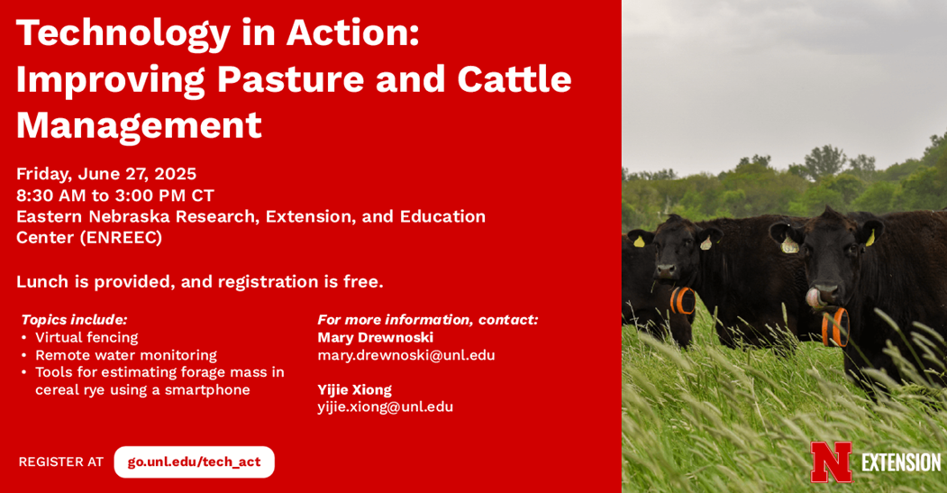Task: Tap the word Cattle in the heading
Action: click(x=514, y=79)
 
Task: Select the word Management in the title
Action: click(x=139, y=125)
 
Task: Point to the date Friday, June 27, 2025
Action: click(x=106, y=175)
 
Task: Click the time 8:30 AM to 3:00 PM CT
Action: click(x=115, y=196)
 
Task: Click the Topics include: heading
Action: click(x=74, y=320)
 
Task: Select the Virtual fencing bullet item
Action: click(x=87, y=337)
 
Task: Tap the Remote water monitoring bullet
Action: click(x=125, y=355)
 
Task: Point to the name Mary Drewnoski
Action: click(x=375, y=337)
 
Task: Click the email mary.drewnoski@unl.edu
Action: click(x=406, y=355)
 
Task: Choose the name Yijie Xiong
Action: click(x=354, y=389)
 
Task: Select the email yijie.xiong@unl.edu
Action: click(x=386, y=407)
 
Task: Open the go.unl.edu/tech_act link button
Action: click(x=194, y=462)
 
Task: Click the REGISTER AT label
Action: click(x=61, y=462)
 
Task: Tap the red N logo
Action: click(x=831, y=462)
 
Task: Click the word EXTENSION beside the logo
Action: click(x=901, y=462)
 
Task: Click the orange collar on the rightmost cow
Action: click(x=835, y=327)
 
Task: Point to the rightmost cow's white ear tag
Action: click(x=788, y=244)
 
